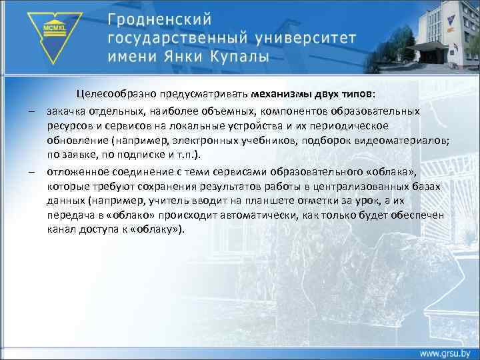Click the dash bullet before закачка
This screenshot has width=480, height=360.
point(31,110)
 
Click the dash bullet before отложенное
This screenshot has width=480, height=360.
point(31,171)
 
